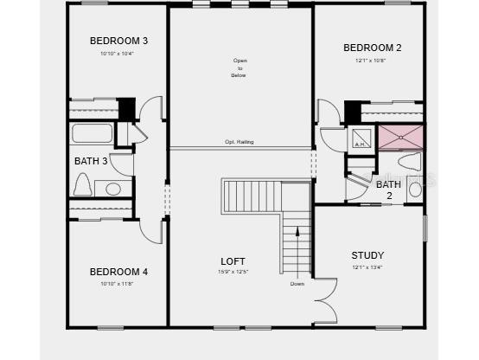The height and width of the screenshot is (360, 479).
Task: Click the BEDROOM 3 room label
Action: (x=119, y=41)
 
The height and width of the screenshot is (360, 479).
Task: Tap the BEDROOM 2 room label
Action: (x=372, y=48)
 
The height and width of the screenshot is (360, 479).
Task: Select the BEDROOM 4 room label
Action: (x=119, y=272)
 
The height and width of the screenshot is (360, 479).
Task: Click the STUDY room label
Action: (x=367, y=255)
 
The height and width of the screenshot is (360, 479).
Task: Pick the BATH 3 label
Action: (x=91, y=161)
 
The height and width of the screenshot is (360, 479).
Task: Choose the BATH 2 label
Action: (x=388, y=190)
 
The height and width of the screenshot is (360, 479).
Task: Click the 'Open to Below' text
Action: (x=239, y=68)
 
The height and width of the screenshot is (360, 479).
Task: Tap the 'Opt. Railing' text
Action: (x=239, y=142)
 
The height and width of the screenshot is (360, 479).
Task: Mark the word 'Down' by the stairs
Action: (x=297, y=284)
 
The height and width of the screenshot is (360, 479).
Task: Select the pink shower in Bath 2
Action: (x=400, y=136)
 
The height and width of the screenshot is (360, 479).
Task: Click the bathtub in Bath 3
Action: (x=92, y=133)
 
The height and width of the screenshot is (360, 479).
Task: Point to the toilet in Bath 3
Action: (x=84, y=184)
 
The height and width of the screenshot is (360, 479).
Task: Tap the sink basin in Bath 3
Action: (x=113, y=189)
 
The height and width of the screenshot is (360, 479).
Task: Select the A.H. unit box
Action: (x=360, y=138)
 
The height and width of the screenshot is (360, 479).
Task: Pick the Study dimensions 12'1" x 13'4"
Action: (x=367, y=267)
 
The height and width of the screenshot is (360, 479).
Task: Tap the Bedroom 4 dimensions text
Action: (x=117, y=284)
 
